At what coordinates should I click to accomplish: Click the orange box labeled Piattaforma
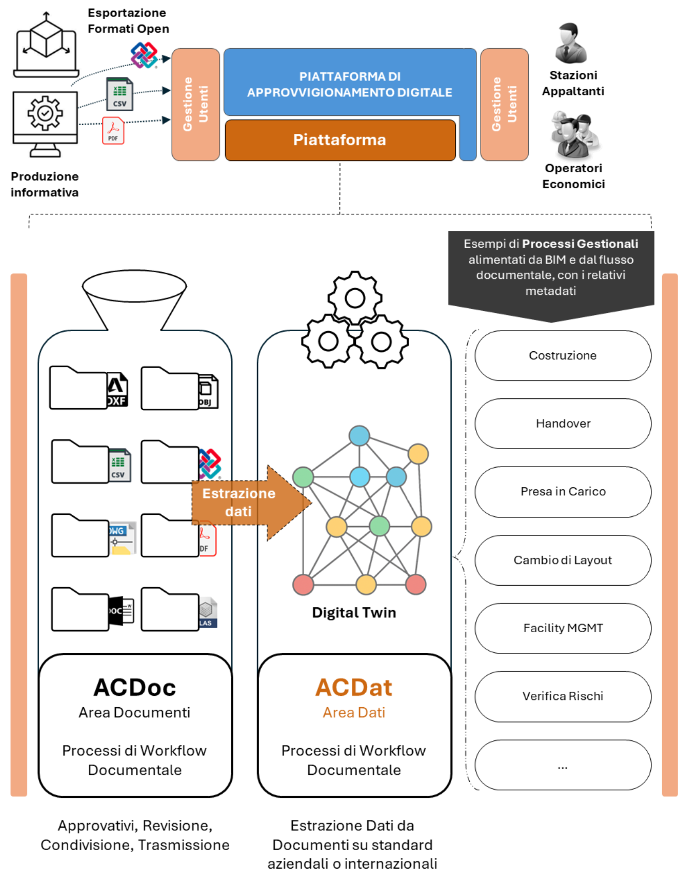pyautogui.click(x=340, y=140)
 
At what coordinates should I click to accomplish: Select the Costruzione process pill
pyautogui.click(x=563, y=355)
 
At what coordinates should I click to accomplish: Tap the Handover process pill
pyautogui.click(x=563, y=424)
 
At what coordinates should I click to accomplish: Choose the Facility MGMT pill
pyautogui.click(x=563, y=628)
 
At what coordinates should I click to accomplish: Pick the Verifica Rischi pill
pyautogui.click(x=563, y=696)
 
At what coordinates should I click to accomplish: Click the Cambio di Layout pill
pyautogui.click(x=563, y=560)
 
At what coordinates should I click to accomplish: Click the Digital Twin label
pyautogui.click(x=354, y=613)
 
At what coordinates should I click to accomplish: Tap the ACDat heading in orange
pyautogui.click(x=354, y=688)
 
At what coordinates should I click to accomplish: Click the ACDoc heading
pyautogui.click(x=134, y=688)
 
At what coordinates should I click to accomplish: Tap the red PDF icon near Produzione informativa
pyautogui.click(x=113, y=131)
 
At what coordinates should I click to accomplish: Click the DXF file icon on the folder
pyautogui.click(x=117, y=390)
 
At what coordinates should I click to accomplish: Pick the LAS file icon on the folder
pyautogui.click(x=207, y=612)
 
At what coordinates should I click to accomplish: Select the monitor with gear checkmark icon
pyautogui.click(x=45, y=123)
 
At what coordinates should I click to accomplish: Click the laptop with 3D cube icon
pyautogui.click(x=46, y=45)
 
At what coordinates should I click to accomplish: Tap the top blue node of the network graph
pyautogui.click(x=359, y=436)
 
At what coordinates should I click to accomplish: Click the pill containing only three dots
pyautogui.click(x=563, y=765)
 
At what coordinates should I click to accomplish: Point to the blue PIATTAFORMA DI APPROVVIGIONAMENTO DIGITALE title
pyautogui.click(x=349, y=84)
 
